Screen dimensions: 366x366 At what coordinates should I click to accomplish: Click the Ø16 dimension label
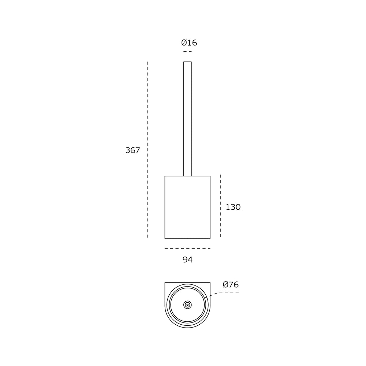[189, 43]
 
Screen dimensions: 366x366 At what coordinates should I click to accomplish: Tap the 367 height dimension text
[132, 150]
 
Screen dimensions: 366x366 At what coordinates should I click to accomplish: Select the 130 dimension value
[233, 207]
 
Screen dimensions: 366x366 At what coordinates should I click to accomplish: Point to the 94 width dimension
[187, 259]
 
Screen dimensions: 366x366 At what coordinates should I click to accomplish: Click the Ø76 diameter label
[231, 284]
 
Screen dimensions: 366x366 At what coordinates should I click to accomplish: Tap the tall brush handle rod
[187, 119]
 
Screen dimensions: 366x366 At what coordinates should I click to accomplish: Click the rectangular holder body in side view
[187, 207]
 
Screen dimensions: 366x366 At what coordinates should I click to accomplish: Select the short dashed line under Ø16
[187, 51]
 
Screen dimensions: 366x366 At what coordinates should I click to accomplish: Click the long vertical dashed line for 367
[147, 150]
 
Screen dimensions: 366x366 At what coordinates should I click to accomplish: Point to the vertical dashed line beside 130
[220, 206]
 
